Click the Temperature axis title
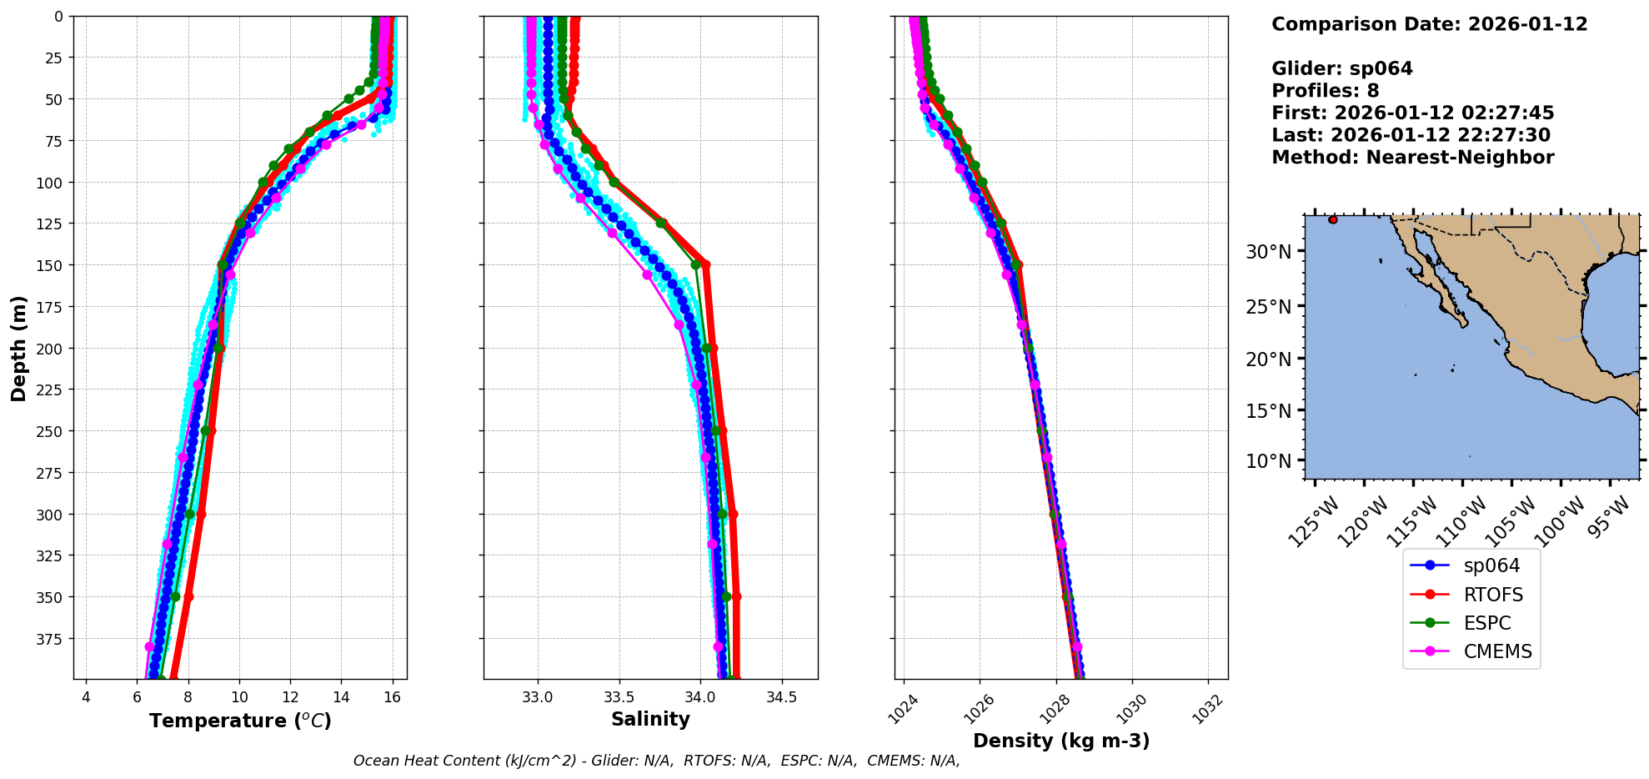pyautogui.click(x=240, y=721)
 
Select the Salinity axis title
pyautogui.click(x=650, y=720)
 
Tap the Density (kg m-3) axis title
pyautogui.click(x=1061, y=741)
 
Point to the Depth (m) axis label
pyautogui.click(x=19, y=348)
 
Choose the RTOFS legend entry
pyautogui.click(x=1493, y=595)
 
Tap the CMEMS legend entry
pyautogui.click(x=1497, y=651)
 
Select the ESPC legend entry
pyautogui.click(x=1487, y=623)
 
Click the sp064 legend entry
pyautogui.click(x=1491, y=565)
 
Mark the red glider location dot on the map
pyautogui.click(x=1333, y=219)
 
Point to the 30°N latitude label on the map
pyautogui.click(x=1268, y=252)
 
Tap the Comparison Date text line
pyautogui.click(x=1429, y=24)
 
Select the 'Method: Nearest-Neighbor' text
pyautogui.click(x=1412, y=158)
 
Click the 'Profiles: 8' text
pyautogui.click(x=1325, y=91)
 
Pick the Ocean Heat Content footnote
pyautogui.click(x=656, y=761)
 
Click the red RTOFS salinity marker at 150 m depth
pyautogui.click(x=705, y=264)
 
